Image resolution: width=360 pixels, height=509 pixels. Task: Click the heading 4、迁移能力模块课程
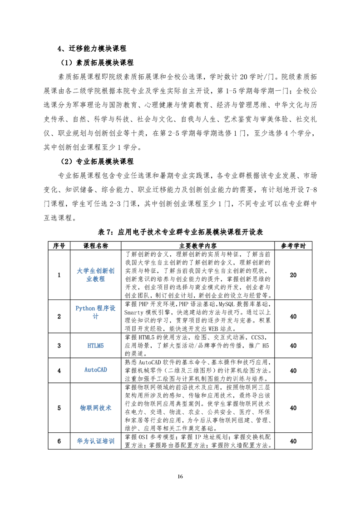pos(91,49)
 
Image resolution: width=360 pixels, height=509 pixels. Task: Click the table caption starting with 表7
pos(180,232)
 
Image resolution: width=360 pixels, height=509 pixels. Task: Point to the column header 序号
pos(59,245)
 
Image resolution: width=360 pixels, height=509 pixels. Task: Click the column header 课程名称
pos(95,245)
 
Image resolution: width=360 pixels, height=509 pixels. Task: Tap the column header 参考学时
pos(293,245)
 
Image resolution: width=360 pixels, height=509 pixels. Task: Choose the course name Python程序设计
pos(95,312)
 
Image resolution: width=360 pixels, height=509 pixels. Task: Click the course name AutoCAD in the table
pos(95,370)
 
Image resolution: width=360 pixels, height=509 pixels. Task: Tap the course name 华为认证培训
pos(95,441)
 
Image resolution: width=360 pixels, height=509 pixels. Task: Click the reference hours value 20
pos(293,275)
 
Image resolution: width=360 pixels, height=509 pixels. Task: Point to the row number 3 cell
pos(59,346)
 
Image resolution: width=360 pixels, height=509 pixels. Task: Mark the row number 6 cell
pos(59,441)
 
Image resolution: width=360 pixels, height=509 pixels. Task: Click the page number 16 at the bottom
pos(180,476)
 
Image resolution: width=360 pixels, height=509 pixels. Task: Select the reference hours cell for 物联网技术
pos(293,408)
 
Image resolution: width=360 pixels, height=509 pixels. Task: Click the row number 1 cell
pos(59,275)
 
